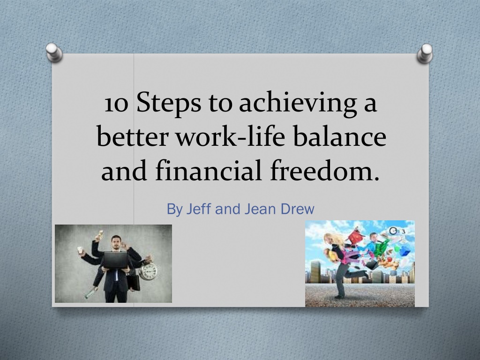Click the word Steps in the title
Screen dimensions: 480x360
(169, 103)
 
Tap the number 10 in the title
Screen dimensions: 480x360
(116, 104)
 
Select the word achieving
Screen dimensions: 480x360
(298, 103)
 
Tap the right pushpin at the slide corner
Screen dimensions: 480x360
(426, 53)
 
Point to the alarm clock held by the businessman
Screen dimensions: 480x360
(149, 270)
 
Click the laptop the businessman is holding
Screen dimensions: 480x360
(115, 260)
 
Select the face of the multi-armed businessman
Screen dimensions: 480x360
(115, 242)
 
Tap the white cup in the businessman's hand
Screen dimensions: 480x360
(81, 250)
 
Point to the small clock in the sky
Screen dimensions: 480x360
(393, 231)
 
